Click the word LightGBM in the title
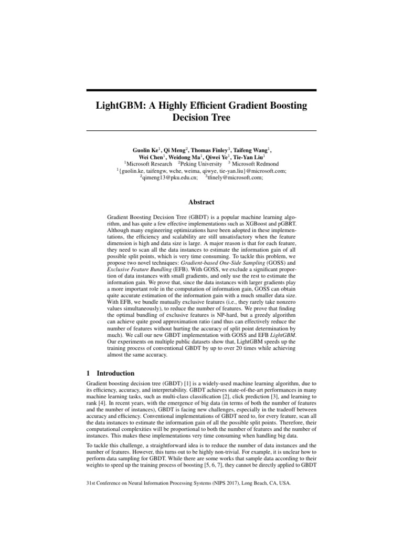pyautogui.click(x=119, y=106)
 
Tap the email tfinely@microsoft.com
pyautogui.click(x=236, y=178)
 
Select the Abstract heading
pyautogui.click(x=201, y=201)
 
